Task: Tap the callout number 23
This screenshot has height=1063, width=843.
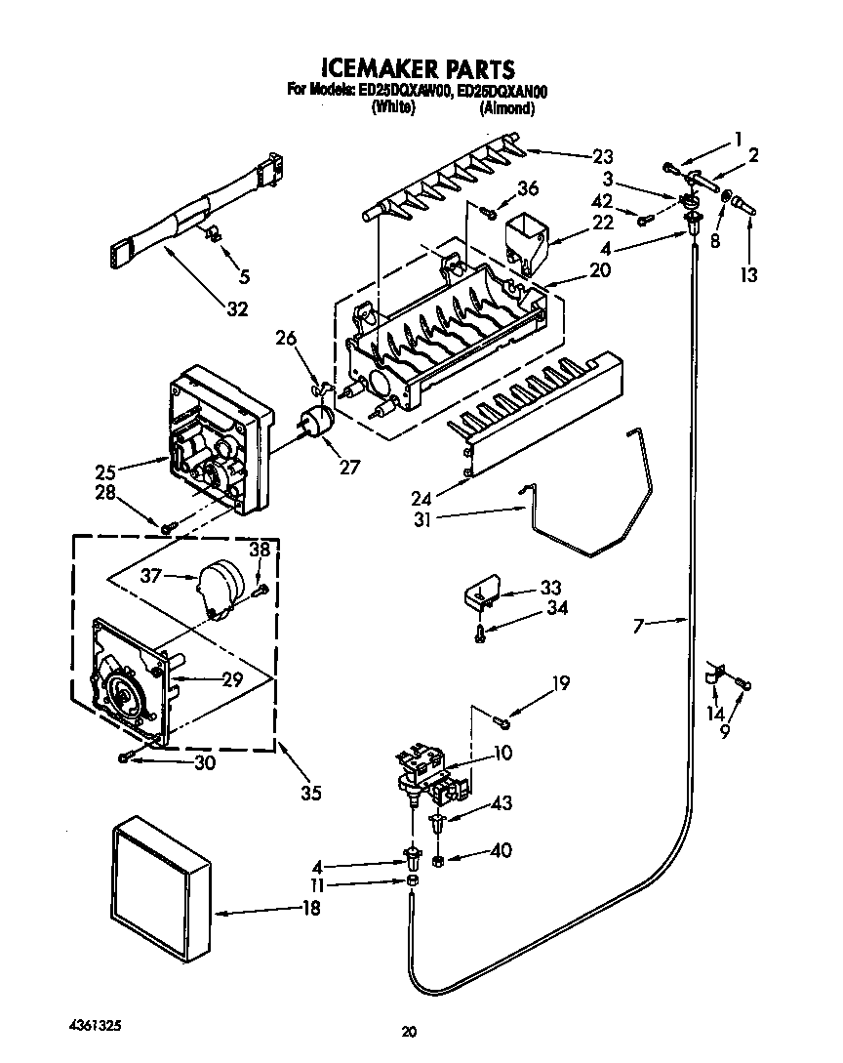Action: tap(603, 155)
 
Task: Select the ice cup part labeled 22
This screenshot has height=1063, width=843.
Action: tap(527, 239)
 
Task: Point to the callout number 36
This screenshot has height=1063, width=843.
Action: tap(528, 188)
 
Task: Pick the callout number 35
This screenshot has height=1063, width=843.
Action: tap(310, 793)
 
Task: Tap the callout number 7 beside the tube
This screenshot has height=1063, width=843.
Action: tap(638, 624)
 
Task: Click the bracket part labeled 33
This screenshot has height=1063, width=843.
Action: tap(482, 593)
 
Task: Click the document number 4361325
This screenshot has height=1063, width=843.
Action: tap(97, 1027)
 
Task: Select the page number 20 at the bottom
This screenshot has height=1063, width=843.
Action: tap(410, 1031)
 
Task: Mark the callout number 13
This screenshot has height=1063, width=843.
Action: tap(748, 275)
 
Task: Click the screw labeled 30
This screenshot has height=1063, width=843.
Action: tap(124, 756)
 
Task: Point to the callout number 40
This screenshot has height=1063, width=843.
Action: tap(501, 850)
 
